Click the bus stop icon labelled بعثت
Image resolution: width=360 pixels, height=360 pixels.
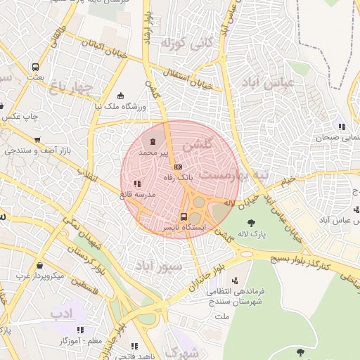[x=34, y=68]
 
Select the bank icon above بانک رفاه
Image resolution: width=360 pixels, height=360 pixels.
[x=178, y=167]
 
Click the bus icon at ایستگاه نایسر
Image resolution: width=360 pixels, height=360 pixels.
[x=184, y=217]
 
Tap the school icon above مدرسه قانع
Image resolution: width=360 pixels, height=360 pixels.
[x=136, y=184]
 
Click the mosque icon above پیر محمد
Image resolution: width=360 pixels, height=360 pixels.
[x=153, y=141]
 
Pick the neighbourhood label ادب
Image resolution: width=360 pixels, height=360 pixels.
[x=66, y=313]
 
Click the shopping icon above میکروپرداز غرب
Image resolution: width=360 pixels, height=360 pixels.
[x=39, y=266]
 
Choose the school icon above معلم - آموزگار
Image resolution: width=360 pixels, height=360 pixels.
[x=80, y=329]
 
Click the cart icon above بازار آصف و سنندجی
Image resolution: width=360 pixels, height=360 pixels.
[x=37, y=139]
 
